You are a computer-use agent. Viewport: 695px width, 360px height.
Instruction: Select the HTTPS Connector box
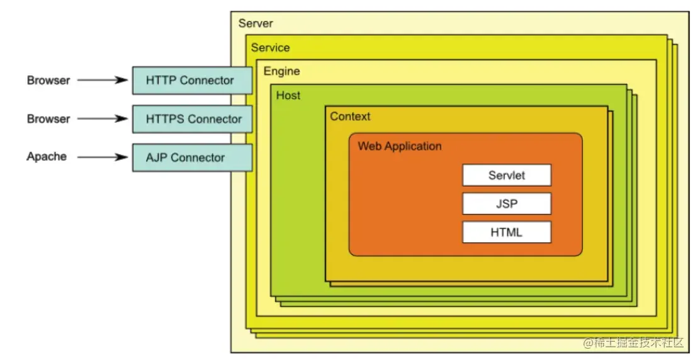point(192,119)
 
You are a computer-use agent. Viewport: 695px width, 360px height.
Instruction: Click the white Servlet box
point(506,175)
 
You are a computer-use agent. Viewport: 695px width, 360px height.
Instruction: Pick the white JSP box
point(506,204)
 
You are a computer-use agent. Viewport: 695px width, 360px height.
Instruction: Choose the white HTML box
point(506,232)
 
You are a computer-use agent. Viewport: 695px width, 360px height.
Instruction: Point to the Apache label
point(47,157)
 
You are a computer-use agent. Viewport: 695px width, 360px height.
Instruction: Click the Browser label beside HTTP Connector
point(48,81)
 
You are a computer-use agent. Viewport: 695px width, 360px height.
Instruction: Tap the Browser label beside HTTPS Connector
point(48,119)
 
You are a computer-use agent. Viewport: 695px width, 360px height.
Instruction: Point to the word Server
point(256,24)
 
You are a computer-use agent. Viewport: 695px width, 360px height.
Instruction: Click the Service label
point(270,48)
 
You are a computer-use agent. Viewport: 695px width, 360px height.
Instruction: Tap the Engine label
point(281,71)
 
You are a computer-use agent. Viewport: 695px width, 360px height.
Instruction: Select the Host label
point(288,96)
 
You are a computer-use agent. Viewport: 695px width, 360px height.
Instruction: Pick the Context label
point(350,116)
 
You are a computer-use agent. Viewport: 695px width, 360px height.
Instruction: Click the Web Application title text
point(400,147)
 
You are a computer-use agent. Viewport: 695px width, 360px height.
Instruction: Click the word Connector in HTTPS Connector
point(215,119)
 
